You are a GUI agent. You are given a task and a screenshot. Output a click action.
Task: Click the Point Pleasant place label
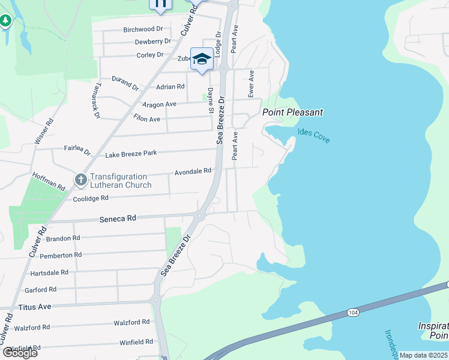click(x=292, y=112)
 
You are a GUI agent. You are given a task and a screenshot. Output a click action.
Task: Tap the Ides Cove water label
click(x=313, y=136)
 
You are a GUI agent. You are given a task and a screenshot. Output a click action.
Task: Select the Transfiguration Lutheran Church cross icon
click(x=81, y=180)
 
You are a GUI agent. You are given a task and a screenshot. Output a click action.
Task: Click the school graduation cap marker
click(x=202, y=59)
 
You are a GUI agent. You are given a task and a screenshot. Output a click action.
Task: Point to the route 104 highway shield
click(x=353, y=313)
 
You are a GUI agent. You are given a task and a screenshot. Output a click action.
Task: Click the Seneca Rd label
click(x=118, y=220)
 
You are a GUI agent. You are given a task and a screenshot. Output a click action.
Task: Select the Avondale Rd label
click(x=193, y=172)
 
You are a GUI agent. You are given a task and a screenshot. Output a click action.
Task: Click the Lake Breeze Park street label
click(x=131, y=154)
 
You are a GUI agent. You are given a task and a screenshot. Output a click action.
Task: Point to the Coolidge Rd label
click(x=90, y=198)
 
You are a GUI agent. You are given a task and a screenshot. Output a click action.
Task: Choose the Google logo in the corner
click(x=20, y=352)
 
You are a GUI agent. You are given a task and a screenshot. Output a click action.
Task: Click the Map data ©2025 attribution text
click(x=423, y=355)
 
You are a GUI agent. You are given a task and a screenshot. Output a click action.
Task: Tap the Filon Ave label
click(x=146, y=119)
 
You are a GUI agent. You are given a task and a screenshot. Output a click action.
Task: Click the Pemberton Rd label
click(x=60, y=255)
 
